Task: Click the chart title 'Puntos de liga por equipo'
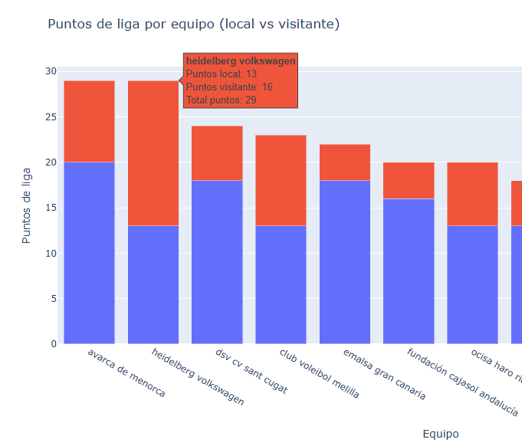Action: click(193, 25)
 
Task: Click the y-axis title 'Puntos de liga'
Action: click(27, 205)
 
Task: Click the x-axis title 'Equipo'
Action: click(440, 434)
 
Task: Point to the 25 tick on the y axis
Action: click(51, 117)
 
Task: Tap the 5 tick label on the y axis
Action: click(54, 299)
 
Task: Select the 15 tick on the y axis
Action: click(51, 208)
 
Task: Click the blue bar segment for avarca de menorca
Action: click(89, 253)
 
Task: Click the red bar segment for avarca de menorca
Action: click(89, 121)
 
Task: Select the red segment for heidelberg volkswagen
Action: click(153, 153)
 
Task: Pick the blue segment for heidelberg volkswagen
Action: click(153, 284)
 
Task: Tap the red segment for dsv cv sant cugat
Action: click(217, 153)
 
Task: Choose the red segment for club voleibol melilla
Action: click(281, 180)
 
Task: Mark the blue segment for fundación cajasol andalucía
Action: click(409, 271)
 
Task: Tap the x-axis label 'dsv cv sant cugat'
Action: click(251, 372)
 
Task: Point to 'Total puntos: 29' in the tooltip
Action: click(221, 100)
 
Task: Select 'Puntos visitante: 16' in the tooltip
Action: click(229, 87)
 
